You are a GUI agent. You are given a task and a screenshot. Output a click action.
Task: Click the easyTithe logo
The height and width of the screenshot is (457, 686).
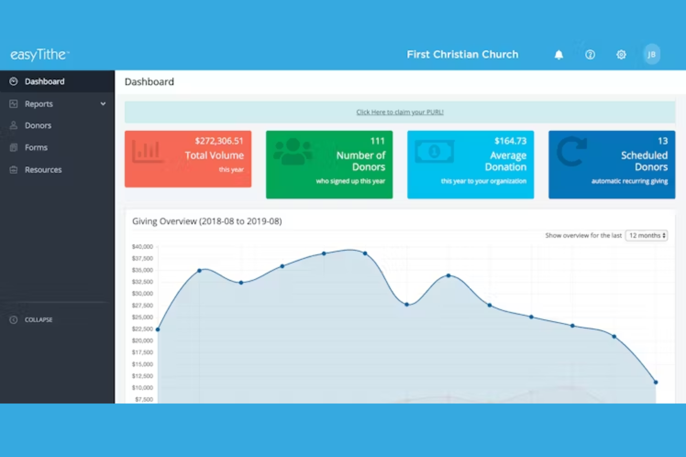tap(40, 55)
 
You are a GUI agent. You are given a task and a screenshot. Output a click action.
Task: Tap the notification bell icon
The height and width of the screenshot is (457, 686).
tap(559, 55)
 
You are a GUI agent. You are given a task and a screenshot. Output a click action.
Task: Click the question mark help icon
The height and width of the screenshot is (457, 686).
tap(590, 55)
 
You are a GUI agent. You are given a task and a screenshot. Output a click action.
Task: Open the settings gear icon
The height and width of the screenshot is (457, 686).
tap(621, 55)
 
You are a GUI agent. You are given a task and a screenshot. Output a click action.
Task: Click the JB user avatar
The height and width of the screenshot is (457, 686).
tap(652, 55)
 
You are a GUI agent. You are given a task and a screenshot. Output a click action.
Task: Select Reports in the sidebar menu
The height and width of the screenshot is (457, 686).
tap(39, 104)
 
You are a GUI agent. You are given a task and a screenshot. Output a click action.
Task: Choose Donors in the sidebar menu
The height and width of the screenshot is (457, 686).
tap(38, 125)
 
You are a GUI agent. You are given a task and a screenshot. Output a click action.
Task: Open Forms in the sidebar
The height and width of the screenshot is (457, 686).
tap(36, 147)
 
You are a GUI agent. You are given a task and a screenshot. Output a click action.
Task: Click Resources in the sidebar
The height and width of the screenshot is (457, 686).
tap(43, 170)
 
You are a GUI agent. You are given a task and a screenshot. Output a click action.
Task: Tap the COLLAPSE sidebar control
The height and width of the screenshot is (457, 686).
tap(38, 319)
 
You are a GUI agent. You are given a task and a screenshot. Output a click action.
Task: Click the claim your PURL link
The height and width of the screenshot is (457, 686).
tap(400, 112)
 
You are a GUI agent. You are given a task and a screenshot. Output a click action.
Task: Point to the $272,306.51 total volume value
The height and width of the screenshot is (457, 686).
tap(219, 141)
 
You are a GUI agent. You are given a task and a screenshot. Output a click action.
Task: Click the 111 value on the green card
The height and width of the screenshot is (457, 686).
tap(378, 141)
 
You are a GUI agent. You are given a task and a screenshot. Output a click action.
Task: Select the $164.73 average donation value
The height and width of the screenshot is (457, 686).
tap(510, 141)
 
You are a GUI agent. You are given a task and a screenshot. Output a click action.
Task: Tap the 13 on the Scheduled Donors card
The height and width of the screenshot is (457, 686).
tap(663, 141)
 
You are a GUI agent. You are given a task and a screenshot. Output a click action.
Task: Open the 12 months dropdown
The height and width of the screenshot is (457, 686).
tap(647, 236)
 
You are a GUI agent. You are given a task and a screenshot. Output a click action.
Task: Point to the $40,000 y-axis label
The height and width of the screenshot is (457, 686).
tap(142, 246)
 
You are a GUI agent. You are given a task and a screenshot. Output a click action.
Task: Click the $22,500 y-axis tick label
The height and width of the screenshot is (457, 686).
tap(142, 329)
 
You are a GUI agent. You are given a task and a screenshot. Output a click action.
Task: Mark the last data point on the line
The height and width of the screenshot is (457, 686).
tap(656, 382)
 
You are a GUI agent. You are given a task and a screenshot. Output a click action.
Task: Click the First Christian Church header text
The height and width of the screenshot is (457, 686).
tap(463, 55)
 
